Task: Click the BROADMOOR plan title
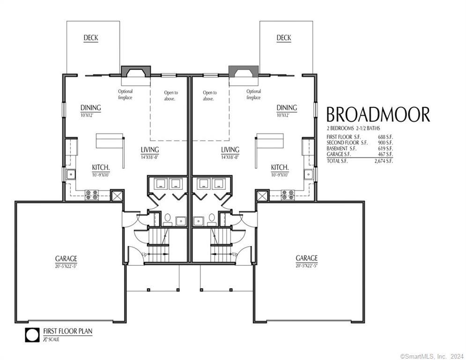(x=377, y=115)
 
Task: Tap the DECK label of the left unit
(x=90, y=38)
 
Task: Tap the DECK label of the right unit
(x=283, y=38)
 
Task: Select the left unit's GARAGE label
(x=66, y=258)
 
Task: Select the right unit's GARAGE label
(x=307, y=258)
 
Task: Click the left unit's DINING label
(x=90, y=108)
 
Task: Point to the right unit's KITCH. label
(x=280, y=167)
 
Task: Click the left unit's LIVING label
(x=150, y=150)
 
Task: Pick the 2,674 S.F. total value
(x=384, y=161)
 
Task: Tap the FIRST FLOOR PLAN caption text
(x=68, y=331)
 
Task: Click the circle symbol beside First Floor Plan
(x=32, y=336)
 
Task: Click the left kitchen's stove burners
(x=91, y=194)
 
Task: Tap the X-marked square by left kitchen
(x=117, y=195)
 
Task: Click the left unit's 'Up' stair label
(x=144, y=254)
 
